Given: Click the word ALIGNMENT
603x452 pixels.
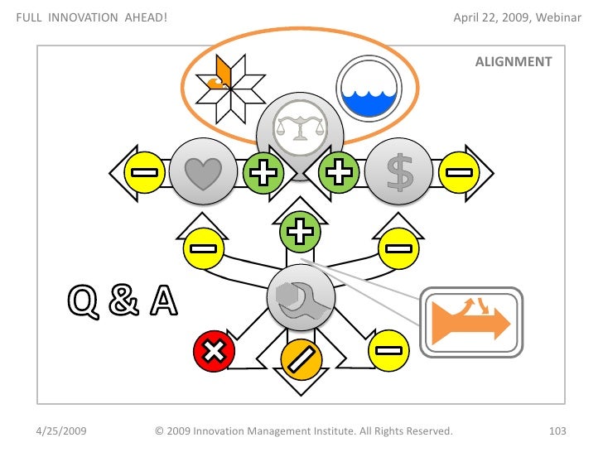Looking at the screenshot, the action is (x=514, y=61).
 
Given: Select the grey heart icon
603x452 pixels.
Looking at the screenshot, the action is (x=200, y=173).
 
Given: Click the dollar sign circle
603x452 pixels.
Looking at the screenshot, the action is (x=400, y=173).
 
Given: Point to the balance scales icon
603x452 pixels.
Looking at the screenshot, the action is (x=299, y=128).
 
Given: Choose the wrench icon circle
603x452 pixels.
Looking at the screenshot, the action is (x=300, y=299).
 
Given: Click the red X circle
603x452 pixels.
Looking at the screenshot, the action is (x=214, y=351).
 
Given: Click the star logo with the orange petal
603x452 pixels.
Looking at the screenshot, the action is (x=229, y=83).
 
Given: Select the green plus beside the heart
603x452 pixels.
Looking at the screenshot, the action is (x=263, y=173).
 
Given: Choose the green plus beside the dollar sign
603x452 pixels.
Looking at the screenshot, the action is (x=339, y=173).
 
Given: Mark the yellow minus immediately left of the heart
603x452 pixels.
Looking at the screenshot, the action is (x=142, y=173).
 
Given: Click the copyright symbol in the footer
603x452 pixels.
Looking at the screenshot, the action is (x=159, y=431).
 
